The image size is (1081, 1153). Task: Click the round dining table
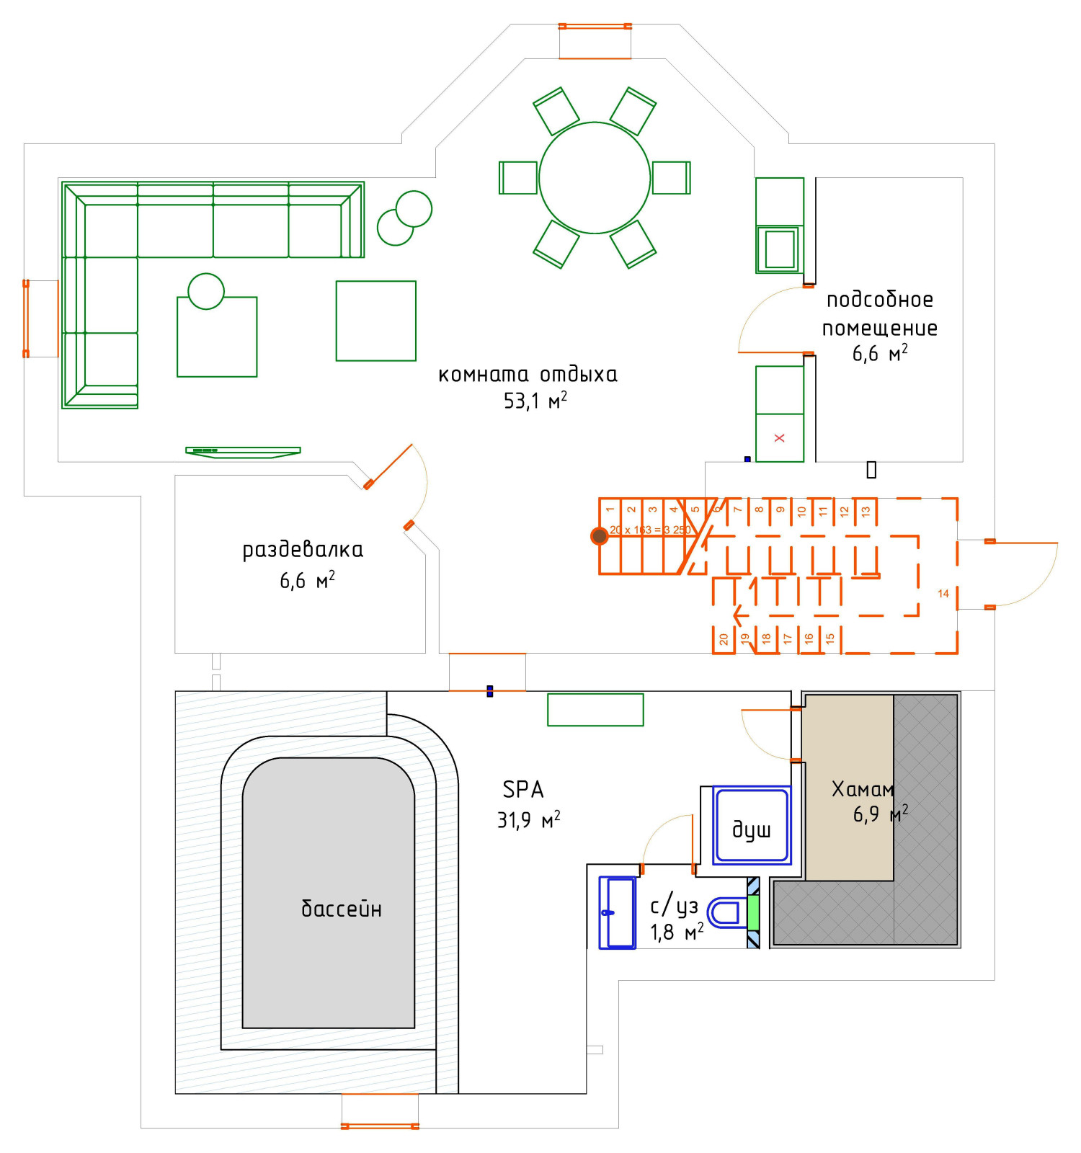pyautogui.click(x=595, y=177)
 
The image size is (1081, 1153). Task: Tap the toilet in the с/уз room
pyautogui.click(x=726, y=912)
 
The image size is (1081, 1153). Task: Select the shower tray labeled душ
pyautogui.click(x=752, y=824)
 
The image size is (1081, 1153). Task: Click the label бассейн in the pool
pyautogui.click(x=341, y=909)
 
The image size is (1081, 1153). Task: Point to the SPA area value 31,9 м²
pyautogui.click(x=528, y=820)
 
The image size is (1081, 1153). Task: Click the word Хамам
pyautogui.click(x=863, y=789)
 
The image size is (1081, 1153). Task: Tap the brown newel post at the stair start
pyautogui.click(x=599, y=535)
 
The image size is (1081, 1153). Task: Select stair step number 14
pyautogui.click(x=943, y=594)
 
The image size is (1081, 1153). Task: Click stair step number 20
pyautogui.click(x=724, y=639)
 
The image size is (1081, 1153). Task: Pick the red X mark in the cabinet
pyautogui.click(x=779, y=437)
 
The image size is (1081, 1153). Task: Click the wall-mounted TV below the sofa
pyautogui.click(x=243, y=452)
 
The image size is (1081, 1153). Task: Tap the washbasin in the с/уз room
pyautogui.click(x=618, y=912)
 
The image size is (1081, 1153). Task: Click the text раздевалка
pyautogui.click(x=303, y=550)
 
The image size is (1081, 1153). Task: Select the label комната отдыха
pyautogui.click(x=528, y=375)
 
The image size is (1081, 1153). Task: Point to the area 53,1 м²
pyautogui.click(x=535, y=401)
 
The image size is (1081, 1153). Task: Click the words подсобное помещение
pyautogui.click(x=880, y=313)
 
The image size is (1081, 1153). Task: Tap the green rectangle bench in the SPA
pyautogui.click(x=595, y=709)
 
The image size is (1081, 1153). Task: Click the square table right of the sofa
pyautogui.click(x=375, y=321)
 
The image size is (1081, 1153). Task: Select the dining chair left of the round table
pyautogui.click(x=518, y=177)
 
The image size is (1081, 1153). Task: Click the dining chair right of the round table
pyautogui.click(x=671, y=177)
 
